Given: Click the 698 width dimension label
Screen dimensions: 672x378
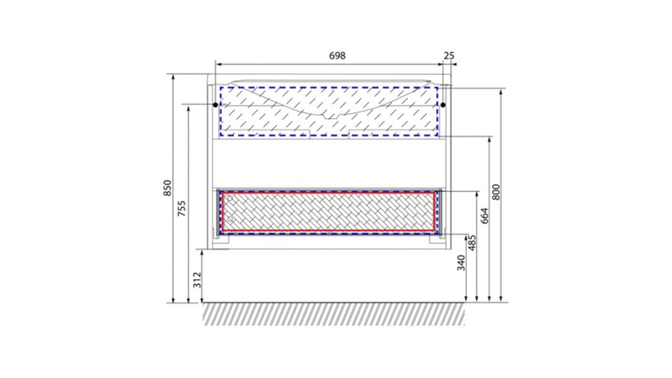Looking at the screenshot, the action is pos(337,56).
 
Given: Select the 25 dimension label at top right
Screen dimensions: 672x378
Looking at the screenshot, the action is pos(449,56).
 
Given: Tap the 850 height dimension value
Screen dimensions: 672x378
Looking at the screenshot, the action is pos(168,189).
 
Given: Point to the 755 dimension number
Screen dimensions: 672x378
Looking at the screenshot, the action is pos(183,209).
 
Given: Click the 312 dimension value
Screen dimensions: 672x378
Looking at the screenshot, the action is pos(197,280).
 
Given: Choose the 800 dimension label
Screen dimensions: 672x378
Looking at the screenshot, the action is pos(496,192).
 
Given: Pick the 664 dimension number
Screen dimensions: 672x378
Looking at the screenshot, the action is pos(485,216).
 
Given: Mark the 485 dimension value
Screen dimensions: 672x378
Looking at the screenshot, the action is pos(472,243).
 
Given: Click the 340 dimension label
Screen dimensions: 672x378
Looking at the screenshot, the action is pos(461,262).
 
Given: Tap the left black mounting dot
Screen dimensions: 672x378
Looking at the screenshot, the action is pos(215,104).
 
